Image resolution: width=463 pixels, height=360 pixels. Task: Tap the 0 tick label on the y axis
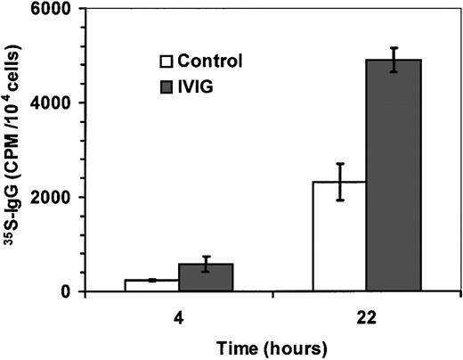(69, 291)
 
